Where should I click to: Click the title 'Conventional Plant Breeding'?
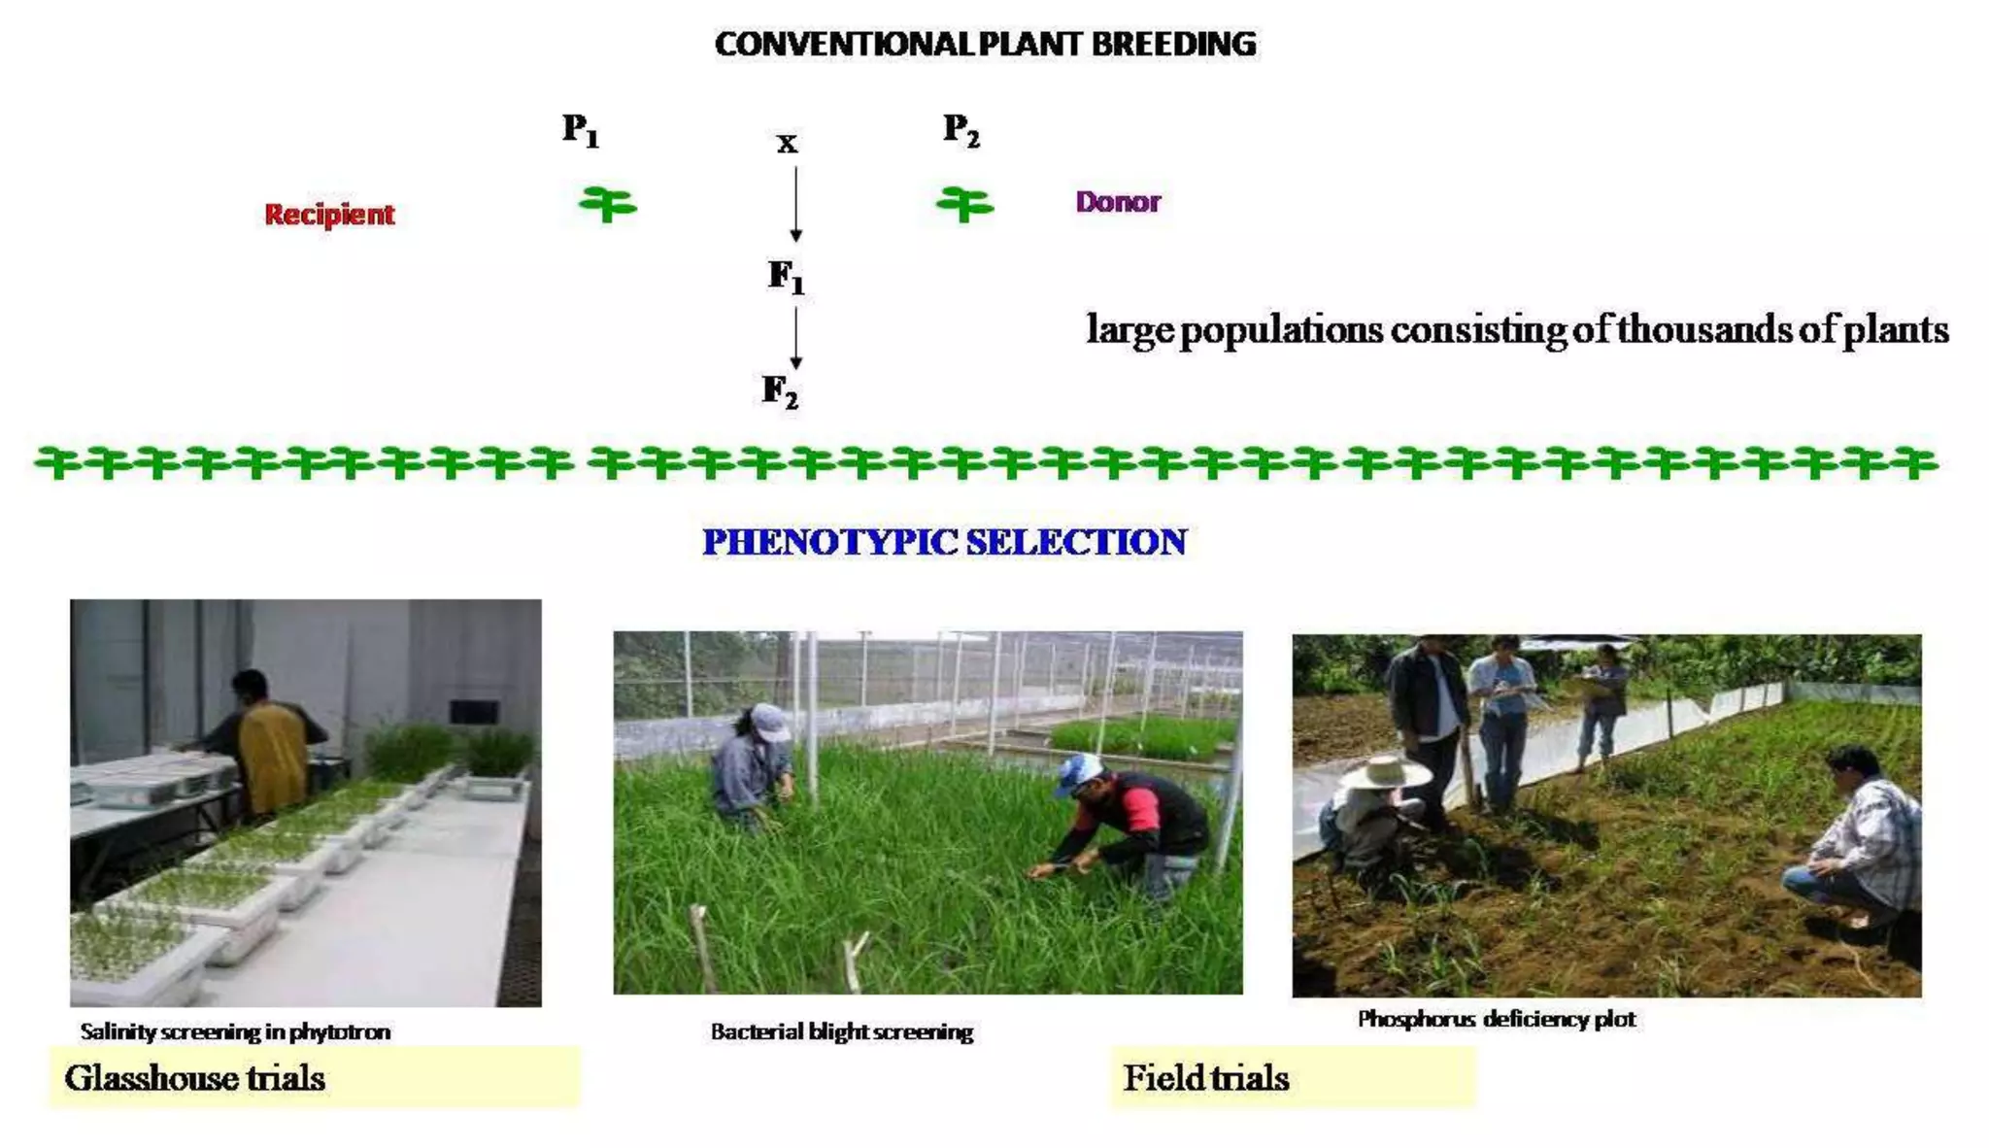tap(985, 45)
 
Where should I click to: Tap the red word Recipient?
tap(329, 214)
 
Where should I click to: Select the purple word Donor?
tap(1118, 202)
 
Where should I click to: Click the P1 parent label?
tap(581, 129)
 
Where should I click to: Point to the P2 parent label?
tap(961, 129)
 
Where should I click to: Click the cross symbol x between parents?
tap(787, 144)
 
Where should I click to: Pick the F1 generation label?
tap(786, 277)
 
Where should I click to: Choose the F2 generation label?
tap(780, 391)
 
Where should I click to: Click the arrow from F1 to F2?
tap(795, 337)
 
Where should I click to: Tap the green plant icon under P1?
tap(607, 204)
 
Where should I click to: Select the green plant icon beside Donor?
tap(964, 204)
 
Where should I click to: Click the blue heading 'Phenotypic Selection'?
tap(944, 542)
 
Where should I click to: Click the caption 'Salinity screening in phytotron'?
tap(235, 1031)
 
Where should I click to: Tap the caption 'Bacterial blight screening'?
tap(841, 1031)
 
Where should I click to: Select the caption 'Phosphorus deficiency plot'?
tap(1496, 1019)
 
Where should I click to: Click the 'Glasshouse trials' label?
tap(195, 1078)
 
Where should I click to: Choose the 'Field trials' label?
tap(1205, 1078)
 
